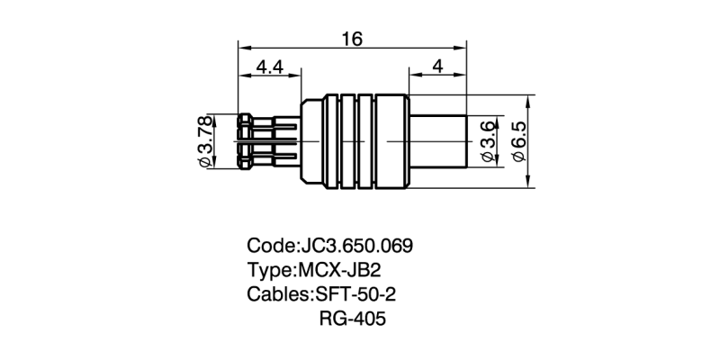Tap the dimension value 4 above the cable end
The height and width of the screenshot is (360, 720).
click(436, 67)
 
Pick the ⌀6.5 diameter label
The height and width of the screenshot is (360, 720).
click(519, 141)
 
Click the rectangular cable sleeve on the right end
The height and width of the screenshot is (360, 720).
click(437, 141)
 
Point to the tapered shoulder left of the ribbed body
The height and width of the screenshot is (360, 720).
click(309, 141)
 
